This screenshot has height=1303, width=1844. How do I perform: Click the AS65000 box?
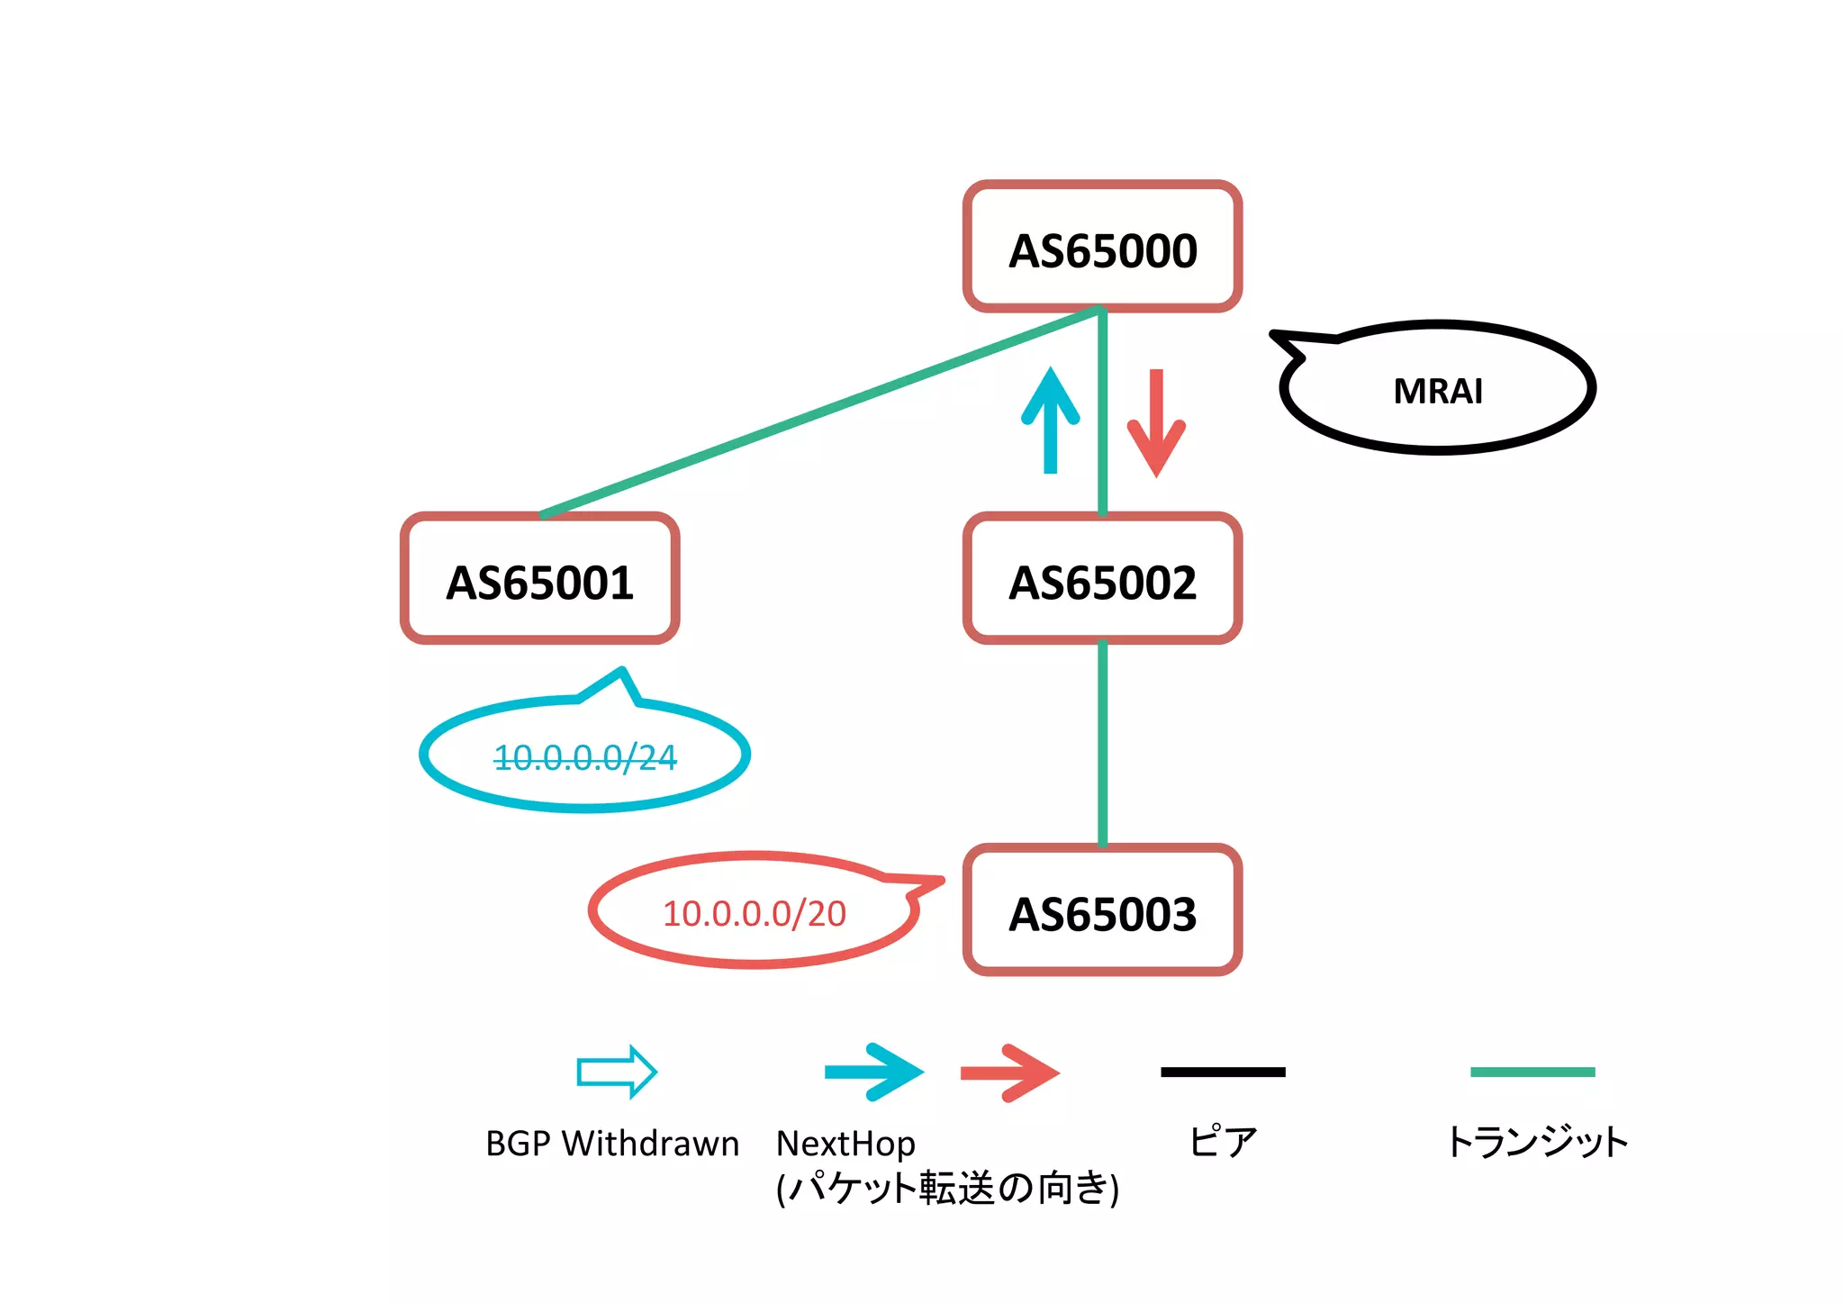click(1102, 247)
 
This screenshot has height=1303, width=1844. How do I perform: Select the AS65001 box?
click(539, 579)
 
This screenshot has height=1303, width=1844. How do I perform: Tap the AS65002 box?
click(1102, 579)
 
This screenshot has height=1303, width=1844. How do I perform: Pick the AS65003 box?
click(1102, 910)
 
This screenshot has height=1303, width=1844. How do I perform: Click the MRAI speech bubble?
click(1437, 390)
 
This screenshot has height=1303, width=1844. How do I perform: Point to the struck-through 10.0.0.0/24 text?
click(585, 757)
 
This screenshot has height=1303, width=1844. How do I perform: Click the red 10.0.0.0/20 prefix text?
click(755, 913)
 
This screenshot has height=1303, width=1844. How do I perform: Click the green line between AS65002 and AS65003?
click(1102, 743)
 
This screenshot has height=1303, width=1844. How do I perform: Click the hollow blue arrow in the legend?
click(617, 1072)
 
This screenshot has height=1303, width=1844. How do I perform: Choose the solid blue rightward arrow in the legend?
click(873, 1072)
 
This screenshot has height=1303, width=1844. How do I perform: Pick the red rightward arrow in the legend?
click(1009, 1072)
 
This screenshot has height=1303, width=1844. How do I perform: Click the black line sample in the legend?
click(1223, 1072)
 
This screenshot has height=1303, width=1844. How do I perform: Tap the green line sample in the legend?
click(1532, 1072)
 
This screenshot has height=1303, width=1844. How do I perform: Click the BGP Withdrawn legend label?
click(612, 1144)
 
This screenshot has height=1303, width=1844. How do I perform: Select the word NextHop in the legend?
click(845, 1144)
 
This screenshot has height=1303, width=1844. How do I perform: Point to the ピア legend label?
click(1222, 1142)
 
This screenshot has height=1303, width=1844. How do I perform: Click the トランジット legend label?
click(1536, 1142)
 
